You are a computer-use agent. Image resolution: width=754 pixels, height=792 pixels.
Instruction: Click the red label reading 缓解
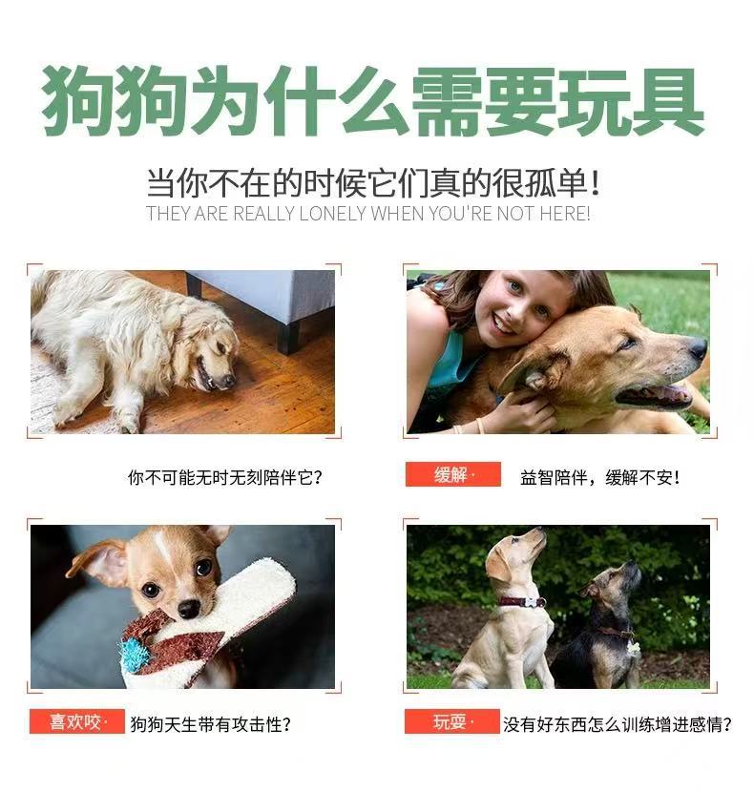tap(452, 474)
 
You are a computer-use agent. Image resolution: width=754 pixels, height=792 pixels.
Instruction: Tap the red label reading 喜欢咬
tap(77, 721)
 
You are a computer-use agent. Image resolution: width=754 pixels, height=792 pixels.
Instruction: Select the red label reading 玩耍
tap(451, 721)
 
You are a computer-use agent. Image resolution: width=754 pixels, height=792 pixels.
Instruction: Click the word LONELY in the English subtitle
tap(332, 214)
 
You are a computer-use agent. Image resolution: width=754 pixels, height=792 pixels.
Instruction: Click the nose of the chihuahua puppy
tap(189, 609)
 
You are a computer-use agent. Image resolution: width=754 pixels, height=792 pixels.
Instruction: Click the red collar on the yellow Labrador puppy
tap(521, 601)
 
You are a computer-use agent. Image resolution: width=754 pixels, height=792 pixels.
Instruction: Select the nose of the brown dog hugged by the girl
tap(698, 347)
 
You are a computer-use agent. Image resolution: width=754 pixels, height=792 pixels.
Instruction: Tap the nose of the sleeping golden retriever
tap(229, 381)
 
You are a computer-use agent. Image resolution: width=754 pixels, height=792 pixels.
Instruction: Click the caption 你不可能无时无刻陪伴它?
tap(225, 477)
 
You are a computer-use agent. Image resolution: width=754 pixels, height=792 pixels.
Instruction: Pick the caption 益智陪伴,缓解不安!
tap(600, 477)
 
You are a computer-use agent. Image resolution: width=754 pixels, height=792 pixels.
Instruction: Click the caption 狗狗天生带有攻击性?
tap(211, 724)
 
